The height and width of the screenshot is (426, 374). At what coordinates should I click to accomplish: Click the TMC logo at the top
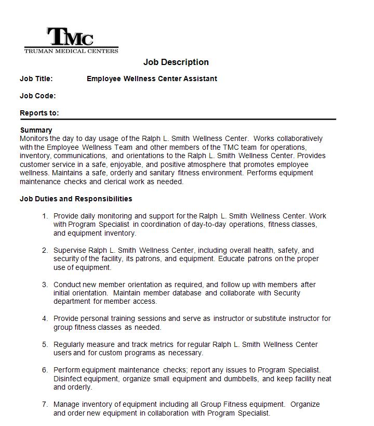pos(71,37)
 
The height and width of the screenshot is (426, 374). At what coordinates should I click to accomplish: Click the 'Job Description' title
pos(176,62)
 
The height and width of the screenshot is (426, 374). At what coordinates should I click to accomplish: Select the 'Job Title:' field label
pos(36,79)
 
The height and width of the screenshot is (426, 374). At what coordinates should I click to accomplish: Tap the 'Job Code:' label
pos(37,96)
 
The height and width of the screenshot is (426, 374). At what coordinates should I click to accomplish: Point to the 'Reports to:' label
pos(39,113)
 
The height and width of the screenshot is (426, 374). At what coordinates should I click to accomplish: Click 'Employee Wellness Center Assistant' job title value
pos(152,79)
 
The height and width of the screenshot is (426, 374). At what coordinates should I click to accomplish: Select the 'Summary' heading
pos(36,130)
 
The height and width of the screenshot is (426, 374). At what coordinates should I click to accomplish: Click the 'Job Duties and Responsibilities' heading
pos(76,199)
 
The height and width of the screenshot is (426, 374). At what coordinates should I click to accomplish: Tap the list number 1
pos(45,216)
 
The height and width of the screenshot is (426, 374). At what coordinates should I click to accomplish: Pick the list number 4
pos(45,318)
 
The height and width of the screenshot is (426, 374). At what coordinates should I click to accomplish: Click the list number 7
pos(45,404)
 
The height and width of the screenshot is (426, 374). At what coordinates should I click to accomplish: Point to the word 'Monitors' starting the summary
pos(34,138)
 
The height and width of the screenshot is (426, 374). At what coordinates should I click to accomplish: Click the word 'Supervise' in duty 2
pos(70,250)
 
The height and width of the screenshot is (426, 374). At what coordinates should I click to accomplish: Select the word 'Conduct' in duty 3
pos(67,285)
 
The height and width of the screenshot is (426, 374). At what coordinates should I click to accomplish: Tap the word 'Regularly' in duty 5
pos(70,344)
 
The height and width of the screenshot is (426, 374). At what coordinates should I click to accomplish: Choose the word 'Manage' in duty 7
pos(66,404)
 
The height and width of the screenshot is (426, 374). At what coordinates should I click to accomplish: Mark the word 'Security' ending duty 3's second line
pos(286,293)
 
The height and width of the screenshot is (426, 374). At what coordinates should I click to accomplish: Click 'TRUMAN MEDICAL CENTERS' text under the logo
pos(71,50)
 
